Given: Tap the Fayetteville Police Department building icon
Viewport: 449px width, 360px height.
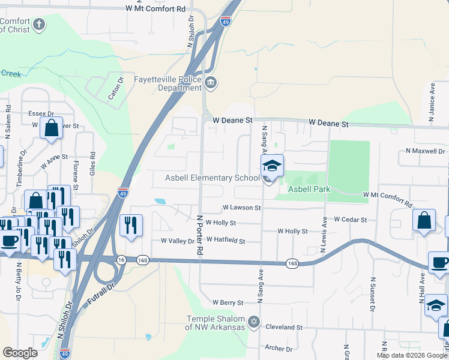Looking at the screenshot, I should (x=210, y=82).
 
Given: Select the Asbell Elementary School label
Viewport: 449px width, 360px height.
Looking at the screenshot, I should (x=212, y=178).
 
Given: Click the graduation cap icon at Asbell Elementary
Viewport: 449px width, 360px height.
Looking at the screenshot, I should (x=272, y=166).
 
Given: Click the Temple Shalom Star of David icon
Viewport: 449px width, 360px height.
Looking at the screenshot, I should (x=253, y=323).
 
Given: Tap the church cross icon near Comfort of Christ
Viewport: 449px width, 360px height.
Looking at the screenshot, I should (x=39, y=25).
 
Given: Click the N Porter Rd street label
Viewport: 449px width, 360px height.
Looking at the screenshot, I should (x=199, y=235).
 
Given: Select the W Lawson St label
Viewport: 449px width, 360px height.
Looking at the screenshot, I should (x=241, y=208).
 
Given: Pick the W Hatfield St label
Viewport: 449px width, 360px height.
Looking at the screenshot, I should (x=226, y=241).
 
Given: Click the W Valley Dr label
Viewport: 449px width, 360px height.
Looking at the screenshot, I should (x=178, y=241).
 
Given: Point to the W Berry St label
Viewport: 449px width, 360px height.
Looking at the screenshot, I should (x=228, y=303).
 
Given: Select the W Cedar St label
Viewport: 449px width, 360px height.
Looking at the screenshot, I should (x=350, y=220).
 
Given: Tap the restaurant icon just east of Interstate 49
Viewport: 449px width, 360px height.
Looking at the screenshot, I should (x=131, y=226).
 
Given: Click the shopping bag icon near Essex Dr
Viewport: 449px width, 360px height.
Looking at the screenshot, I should (x=51, y=128).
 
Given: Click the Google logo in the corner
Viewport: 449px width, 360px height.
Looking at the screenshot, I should (x=20, y=353).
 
